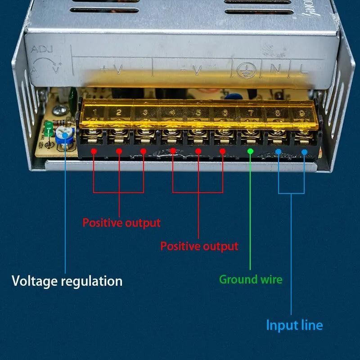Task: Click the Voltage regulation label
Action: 67,281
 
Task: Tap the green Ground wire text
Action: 251,279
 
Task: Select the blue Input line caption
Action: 294,325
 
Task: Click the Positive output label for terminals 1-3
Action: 121,223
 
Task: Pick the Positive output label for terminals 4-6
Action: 199,246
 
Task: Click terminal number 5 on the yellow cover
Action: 198,112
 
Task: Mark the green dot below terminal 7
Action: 251,152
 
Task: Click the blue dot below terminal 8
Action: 279,152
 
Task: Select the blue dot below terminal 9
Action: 304,152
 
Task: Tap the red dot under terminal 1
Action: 94,151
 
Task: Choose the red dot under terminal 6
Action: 222,151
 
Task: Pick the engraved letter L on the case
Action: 304,69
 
